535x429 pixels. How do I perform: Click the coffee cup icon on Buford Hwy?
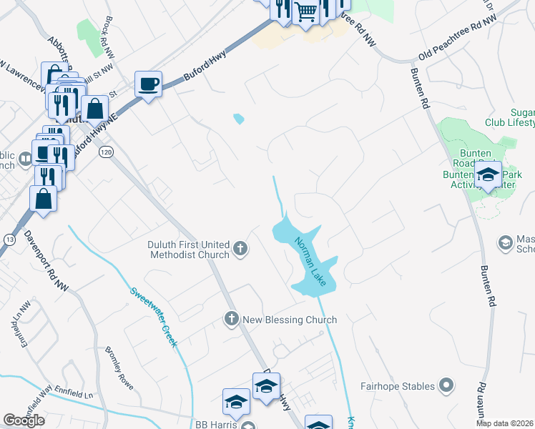(148, 84)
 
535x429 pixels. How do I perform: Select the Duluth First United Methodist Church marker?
(240, 250)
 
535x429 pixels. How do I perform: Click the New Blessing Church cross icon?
(232, 319)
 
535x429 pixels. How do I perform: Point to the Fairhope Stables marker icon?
(446, 386)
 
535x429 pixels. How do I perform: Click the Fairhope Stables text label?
(397, 386)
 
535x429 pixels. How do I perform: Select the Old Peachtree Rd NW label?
(458, 39)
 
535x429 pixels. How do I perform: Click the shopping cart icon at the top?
(305, 11)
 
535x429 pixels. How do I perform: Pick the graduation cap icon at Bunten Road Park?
(489, 174)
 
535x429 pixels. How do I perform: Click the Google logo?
(24, 420)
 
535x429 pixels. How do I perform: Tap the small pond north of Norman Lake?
(238, 118)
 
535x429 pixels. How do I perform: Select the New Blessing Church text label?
(290, 320)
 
